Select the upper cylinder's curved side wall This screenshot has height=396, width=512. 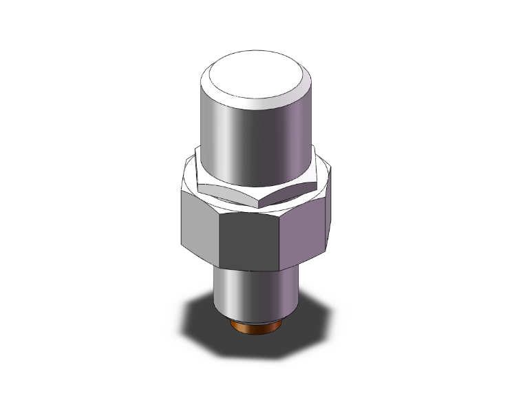[275, 145]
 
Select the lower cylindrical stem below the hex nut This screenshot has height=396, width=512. [255, 293]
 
